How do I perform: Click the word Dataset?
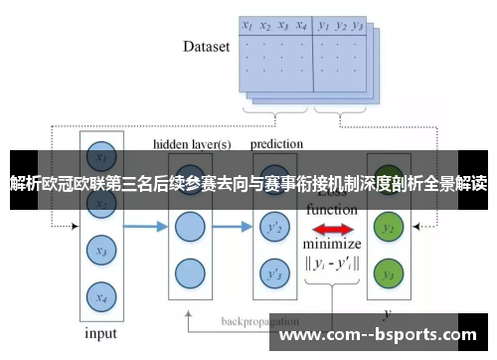[207, 46]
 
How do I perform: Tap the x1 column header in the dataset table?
[247, 27]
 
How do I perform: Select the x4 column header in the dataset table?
[301, 27]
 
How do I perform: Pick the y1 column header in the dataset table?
[324, 27]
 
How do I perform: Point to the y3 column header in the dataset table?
[359, 27]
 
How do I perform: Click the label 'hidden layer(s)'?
[191, 144]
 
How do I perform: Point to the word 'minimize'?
[332, 245]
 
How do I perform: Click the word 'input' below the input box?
[100, 333]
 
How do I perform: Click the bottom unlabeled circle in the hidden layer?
[189, 272]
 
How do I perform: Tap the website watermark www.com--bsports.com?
[382, 333]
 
